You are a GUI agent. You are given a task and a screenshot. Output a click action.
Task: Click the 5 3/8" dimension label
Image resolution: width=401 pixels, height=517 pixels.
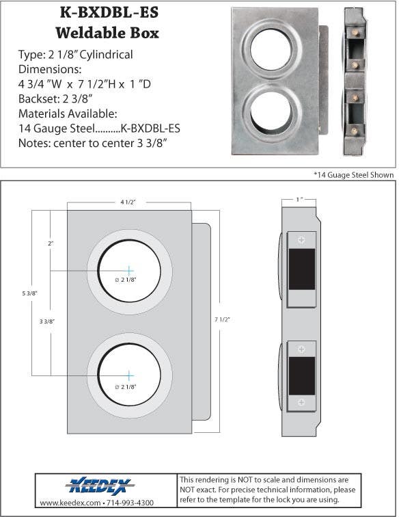pos(29,293)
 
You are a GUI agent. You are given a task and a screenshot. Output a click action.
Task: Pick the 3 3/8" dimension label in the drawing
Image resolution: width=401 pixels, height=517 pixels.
pos(47,321)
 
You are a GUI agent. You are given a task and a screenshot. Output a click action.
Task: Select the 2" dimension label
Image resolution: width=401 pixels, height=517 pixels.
pos(50,243)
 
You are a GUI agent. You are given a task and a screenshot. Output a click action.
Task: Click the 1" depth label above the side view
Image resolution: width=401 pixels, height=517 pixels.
pos(300,200)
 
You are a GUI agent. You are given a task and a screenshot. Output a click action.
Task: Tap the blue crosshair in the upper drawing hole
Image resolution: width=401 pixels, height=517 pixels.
pos(129,271)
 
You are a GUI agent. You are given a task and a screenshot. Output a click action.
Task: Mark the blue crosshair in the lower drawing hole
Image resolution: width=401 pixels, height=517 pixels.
pos(129,375)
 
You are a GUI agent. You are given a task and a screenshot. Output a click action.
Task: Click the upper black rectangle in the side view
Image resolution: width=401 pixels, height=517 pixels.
pos(301,269)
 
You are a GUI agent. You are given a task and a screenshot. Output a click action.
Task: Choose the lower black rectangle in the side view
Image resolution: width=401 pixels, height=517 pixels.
pos(301,375)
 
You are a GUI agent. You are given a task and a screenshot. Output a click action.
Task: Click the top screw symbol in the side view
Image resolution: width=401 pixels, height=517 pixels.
pos(301,240)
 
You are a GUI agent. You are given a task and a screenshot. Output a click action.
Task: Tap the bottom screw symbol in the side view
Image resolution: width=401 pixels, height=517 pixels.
pos(301,404)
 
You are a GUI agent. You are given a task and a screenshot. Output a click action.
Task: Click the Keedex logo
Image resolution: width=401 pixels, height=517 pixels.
pos(100,486)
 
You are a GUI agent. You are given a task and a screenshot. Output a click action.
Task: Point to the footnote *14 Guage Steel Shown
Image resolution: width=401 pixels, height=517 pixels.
pos(353,175)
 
